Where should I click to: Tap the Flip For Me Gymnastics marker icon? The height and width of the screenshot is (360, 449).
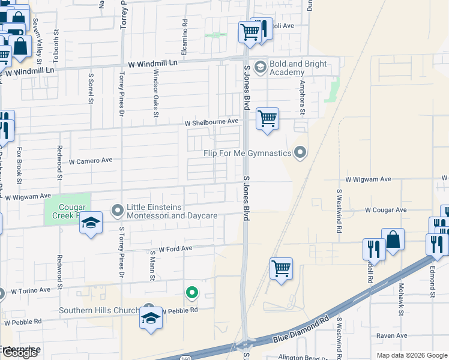pos(301,153)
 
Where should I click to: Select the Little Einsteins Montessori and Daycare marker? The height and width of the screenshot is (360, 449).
pos(118,210)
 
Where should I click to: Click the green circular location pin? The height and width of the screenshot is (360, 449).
pos(192,293)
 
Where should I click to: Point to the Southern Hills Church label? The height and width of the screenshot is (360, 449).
pos(98,311)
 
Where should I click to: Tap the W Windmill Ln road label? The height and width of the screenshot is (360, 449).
pos(153,63)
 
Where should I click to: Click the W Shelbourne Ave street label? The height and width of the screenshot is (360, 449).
pos(211,122)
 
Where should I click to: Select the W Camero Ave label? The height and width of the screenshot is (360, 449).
pos(91,161)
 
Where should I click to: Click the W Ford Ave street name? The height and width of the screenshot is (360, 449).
pos(175,248)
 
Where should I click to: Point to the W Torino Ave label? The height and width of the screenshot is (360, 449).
pos(31,291)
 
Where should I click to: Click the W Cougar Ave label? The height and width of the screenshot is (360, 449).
pos(386,210)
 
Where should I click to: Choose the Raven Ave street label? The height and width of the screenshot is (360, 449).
pos(391,336)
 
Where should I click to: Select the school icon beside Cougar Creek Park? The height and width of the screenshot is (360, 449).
pos(91,223)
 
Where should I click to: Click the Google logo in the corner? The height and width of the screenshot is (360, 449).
pos(20,353)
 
